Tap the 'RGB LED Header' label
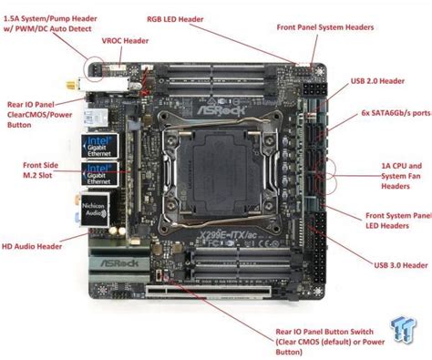click(x=177, y=18)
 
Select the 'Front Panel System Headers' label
click(x=324, y=27)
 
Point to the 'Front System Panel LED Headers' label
click(x=397, y=221)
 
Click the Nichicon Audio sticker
click(x=98, y=209)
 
